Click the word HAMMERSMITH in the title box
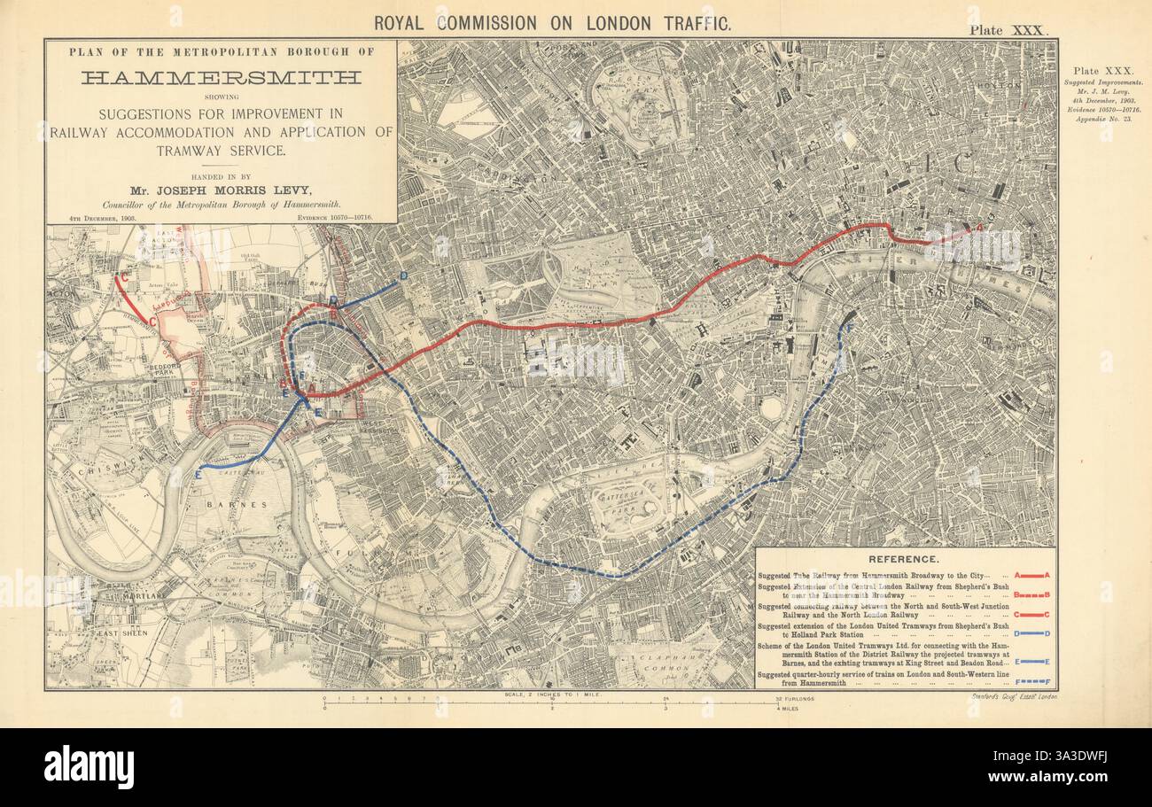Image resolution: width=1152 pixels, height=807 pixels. [x=221, y=78]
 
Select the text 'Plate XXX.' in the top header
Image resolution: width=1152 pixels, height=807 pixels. [x=1008, y=30]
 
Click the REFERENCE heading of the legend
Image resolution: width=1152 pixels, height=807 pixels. [x=903, y=559]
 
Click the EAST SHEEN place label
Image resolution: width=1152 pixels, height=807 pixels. [x=120, y=633]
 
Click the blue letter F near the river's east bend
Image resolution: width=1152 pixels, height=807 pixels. [x=851, y=330]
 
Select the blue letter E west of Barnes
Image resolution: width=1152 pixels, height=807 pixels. [x=197, y=476]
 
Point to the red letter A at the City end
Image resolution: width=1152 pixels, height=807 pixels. [x=978, y=228]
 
